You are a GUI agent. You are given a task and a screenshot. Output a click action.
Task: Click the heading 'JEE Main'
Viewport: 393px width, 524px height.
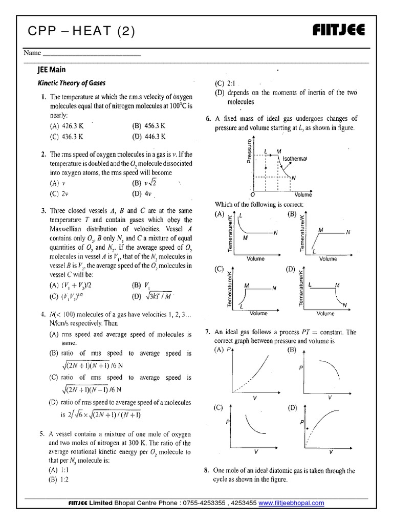pos(52,70)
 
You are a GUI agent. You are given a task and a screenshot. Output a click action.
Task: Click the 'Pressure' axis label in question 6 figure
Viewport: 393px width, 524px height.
pos(249,151)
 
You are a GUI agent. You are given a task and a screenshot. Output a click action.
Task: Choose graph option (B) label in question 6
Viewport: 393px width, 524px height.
pos(292,214)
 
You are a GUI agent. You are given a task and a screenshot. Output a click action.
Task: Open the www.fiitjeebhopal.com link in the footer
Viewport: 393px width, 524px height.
pos(291,503)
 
